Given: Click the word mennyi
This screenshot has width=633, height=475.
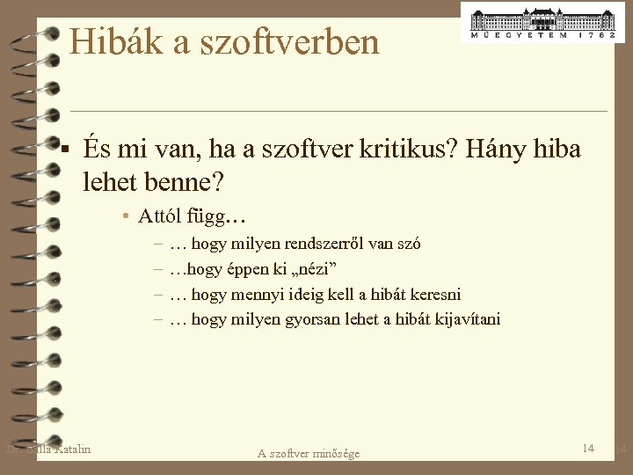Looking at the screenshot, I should (258, 294).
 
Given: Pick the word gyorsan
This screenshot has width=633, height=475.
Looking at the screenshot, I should (317, 318).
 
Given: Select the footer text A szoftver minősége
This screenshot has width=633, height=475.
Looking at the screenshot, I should (309, 453).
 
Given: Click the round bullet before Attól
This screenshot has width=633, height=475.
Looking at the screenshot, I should (127, 217).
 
